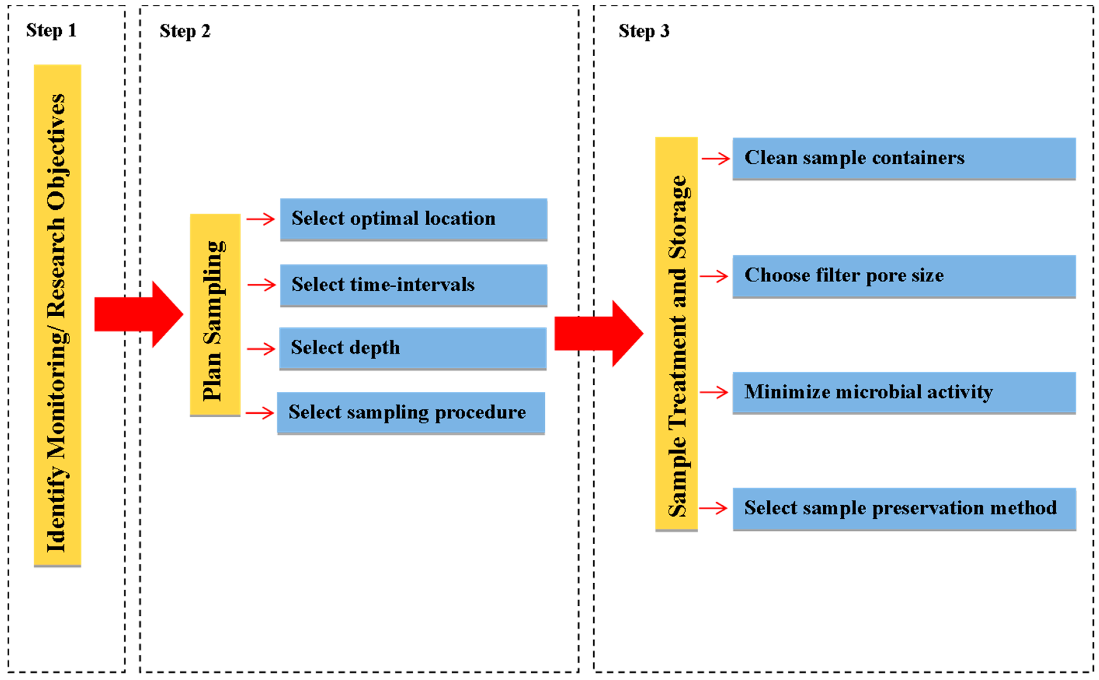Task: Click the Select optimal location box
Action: coord(413,219)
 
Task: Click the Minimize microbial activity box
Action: coord(903,392)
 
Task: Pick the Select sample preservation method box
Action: coord(903,508)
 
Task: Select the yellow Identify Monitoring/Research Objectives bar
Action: coord(58,315)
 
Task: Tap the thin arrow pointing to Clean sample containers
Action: coord(716,158)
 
